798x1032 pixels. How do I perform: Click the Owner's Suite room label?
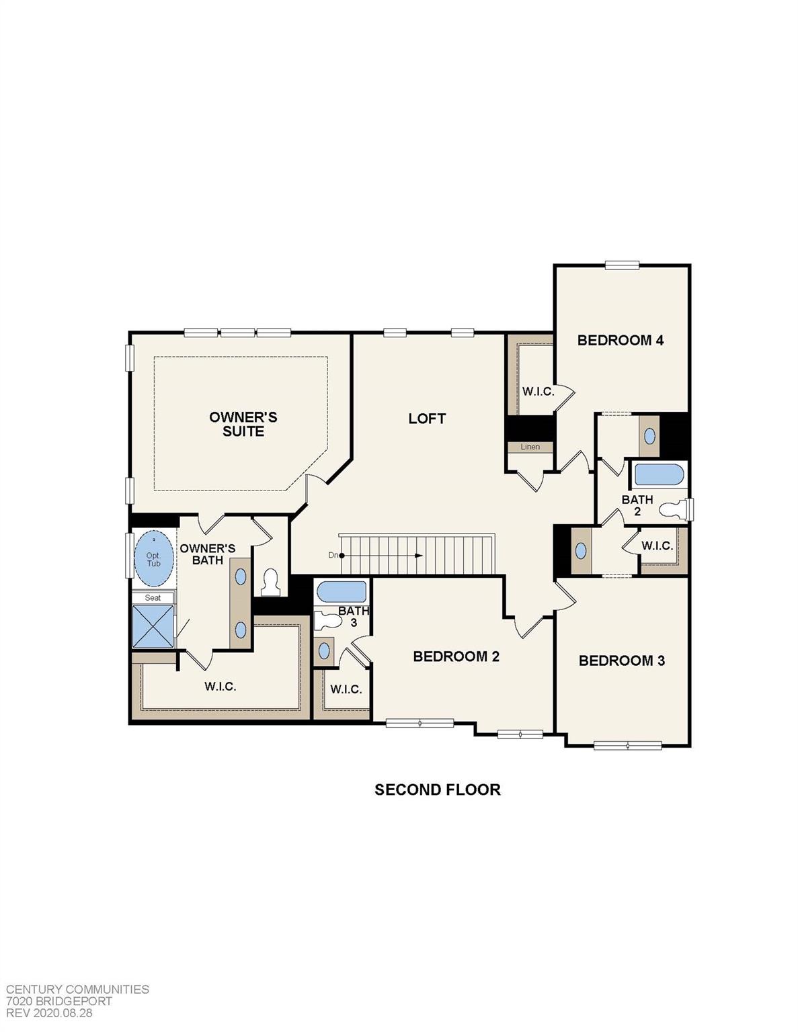(243, 424)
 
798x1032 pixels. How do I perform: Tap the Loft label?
(427, 419)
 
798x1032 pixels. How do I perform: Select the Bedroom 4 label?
(620, 340)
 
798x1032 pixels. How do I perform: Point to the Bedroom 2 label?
(456, 656)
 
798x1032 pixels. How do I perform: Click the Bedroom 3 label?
(621, 660)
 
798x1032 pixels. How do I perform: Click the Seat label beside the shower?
(153, 597)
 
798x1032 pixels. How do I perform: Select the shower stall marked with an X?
(153, 626)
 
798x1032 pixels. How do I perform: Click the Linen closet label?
(530, 447)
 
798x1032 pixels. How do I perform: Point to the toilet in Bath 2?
(674, 509)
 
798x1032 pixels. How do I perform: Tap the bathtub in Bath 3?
(342, 592)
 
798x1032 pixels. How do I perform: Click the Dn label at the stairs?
(333, 555)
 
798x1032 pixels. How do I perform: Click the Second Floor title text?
(437, 789)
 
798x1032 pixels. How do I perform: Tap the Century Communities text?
(77, 989)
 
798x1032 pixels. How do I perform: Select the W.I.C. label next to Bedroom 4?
(538, 392)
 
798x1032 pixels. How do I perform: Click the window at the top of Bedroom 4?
(621, 265)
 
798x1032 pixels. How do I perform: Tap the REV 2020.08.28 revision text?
(49, 1013)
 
